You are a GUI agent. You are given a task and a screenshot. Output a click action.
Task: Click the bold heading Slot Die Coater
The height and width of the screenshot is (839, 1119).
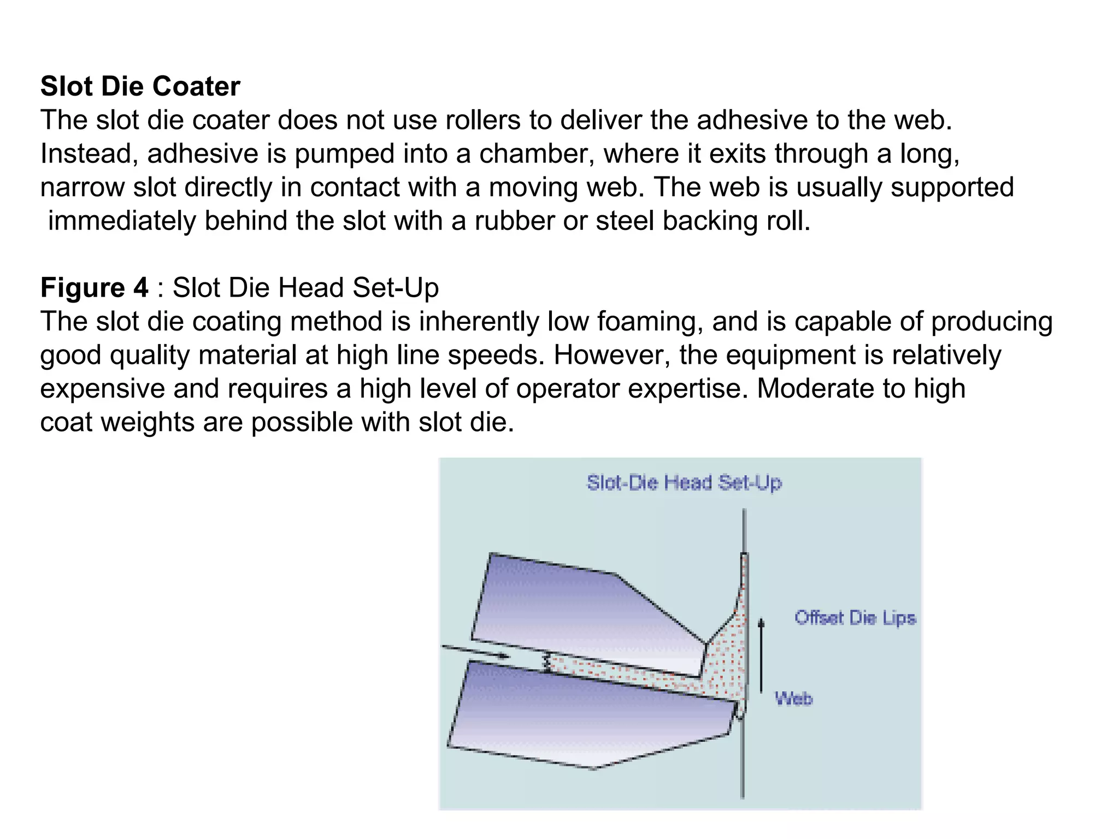[x=140, y=86]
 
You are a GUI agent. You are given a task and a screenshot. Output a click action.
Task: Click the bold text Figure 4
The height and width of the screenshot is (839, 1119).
[x=94, y=288]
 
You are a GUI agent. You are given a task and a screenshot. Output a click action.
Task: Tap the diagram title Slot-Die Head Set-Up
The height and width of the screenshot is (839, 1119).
[x=684, y=483]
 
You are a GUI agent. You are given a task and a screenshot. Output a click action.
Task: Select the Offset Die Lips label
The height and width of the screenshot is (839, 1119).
[x=855, y=618]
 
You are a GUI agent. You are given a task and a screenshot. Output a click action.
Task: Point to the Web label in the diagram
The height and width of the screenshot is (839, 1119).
[x=794, y=698]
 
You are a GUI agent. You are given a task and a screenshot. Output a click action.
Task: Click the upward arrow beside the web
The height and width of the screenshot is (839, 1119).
[x=762, y=655]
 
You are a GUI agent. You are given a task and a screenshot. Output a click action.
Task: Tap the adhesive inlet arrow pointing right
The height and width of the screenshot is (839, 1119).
[x=475, y=652]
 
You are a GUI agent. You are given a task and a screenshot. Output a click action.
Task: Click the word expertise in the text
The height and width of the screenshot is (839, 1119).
[x=688, y=389]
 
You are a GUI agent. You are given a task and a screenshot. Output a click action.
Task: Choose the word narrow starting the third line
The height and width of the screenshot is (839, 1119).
[x=82, y=187]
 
